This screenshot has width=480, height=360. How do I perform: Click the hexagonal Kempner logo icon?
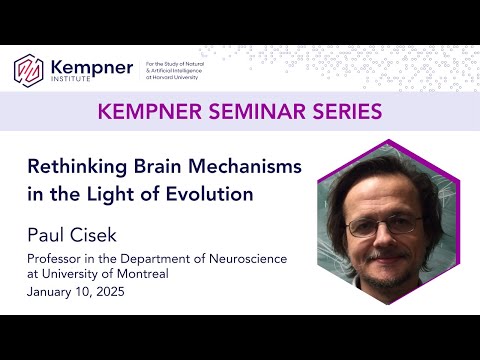tap(29, 69)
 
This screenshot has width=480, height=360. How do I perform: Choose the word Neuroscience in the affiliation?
tap(247, 259)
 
